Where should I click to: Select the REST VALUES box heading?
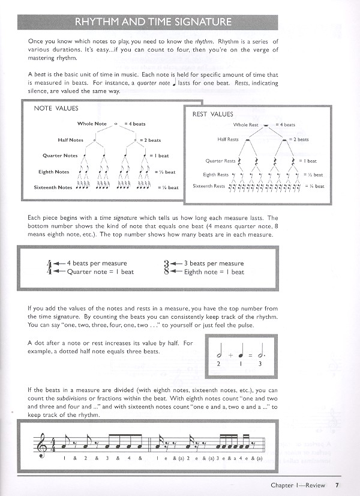click(x=212, y=113)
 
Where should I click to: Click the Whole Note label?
click(x=92, y=124)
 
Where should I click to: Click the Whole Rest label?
click(x=246, y=125)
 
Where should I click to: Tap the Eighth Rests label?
click(x=217, y=174)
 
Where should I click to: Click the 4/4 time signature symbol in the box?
click(x=49, y=268)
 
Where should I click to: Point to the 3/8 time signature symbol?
click(x=167, y=268)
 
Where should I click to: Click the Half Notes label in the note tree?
click(x=71, y=140)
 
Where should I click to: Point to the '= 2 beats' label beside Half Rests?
click(x=298, y=139)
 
